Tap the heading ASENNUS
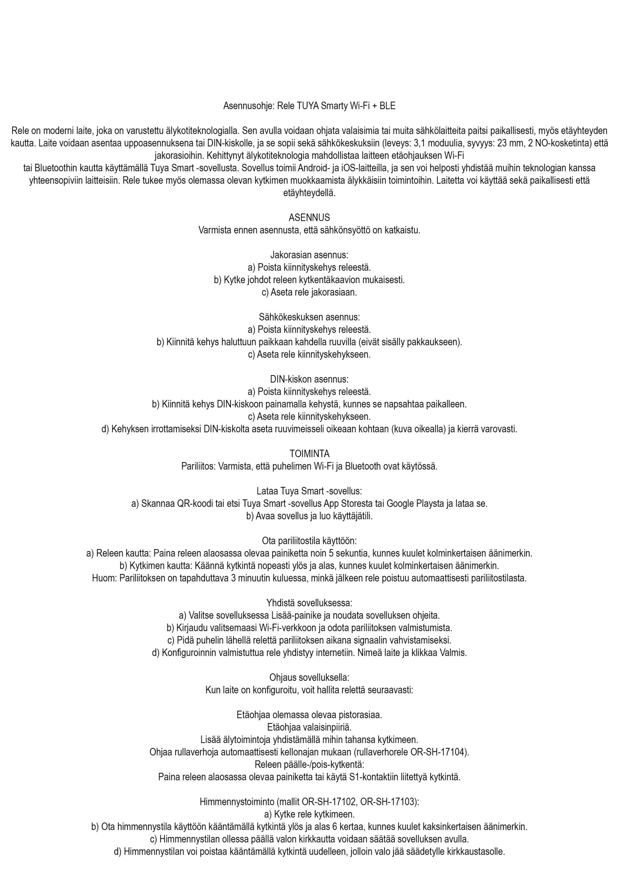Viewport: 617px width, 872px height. click(x=309, y=217)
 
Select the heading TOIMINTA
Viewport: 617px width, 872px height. click(x=310, y=454)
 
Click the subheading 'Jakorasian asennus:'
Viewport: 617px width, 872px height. click(x=309, y=255)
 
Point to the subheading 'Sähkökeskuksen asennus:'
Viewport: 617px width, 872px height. click(x=309, y=317)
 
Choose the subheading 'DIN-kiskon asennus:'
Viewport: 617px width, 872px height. click(x=309, y=379)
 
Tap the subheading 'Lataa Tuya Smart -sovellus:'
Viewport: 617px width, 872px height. click(x=309, y=491)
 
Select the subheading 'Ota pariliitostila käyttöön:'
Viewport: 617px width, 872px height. click(x=309, y=541)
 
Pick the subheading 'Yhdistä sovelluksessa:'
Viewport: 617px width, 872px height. click(x=309, y=603)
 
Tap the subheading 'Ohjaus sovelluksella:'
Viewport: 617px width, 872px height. click(x=309, y=678)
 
